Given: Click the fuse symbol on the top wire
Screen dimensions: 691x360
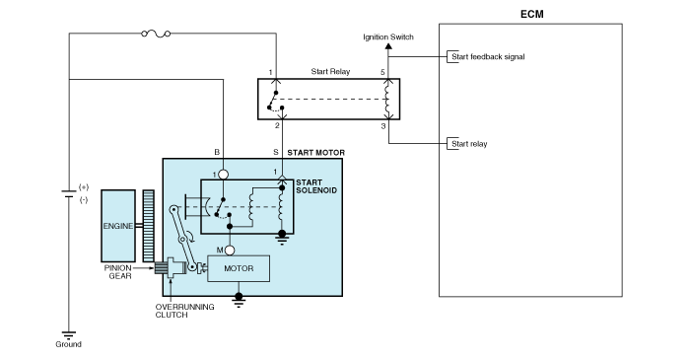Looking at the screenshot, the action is [156, 34].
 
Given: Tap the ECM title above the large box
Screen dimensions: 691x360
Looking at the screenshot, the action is [532, 14].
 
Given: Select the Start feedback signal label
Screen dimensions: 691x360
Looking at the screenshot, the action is [488, 57].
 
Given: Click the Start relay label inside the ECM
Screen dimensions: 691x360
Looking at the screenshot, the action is [469, 144].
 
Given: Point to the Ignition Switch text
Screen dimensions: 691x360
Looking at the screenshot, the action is [388, 37].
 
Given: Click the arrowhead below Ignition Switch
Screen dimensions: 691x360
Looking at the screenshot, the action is [388, 46].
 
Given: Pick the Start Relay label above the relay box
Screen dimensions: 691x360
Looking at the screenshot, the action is [330, 71].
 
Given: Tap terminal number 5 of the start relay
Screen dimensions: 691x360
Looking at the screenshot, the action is [382, 72].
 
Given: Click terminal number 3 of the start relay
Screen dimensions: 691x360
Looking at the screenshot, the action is [383, 126].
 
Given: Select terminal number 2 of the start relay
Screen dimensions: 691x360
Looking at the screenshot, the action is [277, 125].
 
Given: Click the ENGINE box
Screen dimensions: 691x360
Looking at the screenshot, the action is [118, 226].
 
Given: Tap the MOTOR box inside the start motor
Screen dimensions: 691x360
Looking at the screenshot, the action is [239, 268].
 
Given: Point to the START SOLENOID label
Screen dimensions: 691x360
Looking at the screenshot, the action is [316, 186].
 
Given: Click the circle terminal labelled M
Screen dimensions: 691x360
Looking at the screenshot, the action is [230, 251].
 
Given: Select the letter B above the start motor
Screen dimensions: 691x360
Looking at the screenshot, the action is [217, 152].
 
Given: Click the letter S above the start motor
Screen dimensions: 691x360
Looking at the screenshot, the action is [276, 152].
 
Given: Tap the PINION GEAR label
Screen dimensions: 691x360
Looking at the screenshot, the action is [118, 272].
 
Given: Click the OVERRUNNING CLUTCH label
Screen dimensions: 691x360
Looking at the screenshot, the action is [184, 311].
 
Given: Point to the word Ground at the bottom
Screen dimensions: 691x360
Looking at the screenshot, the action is [68, 344].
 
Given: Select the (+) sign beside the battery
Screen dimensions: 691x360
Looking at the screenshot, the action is [84, 187].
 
